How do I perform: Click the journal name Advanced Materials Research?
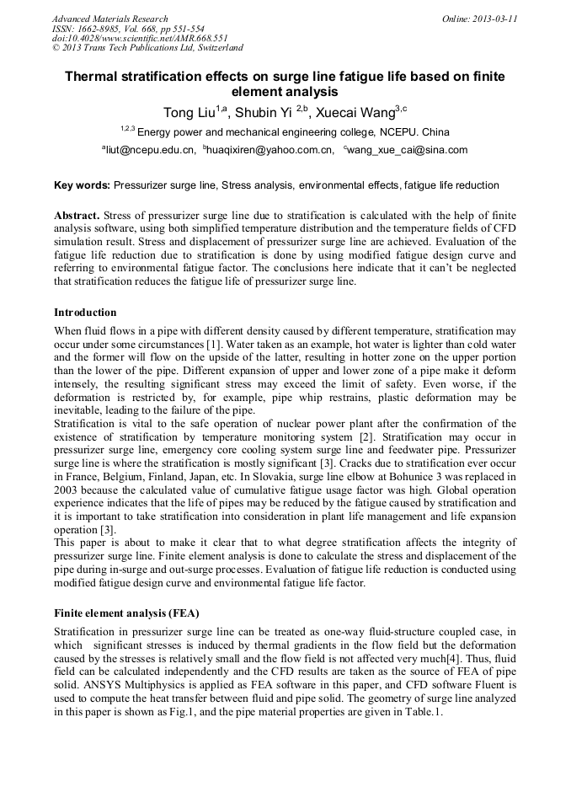[110, 19]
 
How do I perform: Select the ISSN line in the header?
[128, 29]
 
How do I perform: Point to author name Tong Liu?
[186, 112]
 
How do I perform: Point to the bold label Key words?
[82, 185]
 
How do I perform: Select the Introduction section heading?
[85, 313]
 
